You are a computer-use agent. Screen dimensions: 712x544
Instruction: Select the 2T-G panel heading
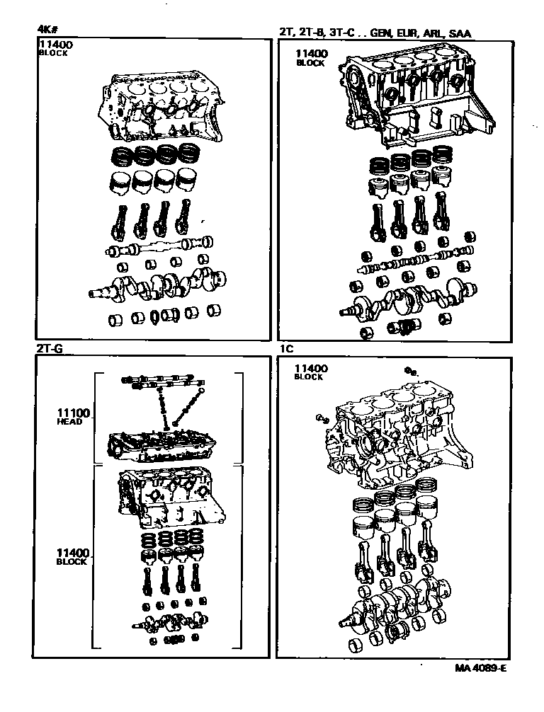point(50,349)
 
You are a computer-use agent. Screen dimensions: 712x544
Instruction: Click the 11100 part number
point(69,412)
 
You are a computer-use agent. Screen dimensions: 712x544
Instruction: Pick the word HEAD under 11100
point(69,422)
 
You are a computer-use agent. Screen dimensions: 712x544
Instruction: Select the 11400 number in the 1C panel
point(309,368)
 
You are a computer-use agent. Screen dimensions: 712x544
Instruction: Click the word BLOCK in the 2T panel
point(310,63)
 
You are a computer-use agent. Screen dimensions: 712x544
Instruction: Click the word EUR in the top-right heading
point(407,33)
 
